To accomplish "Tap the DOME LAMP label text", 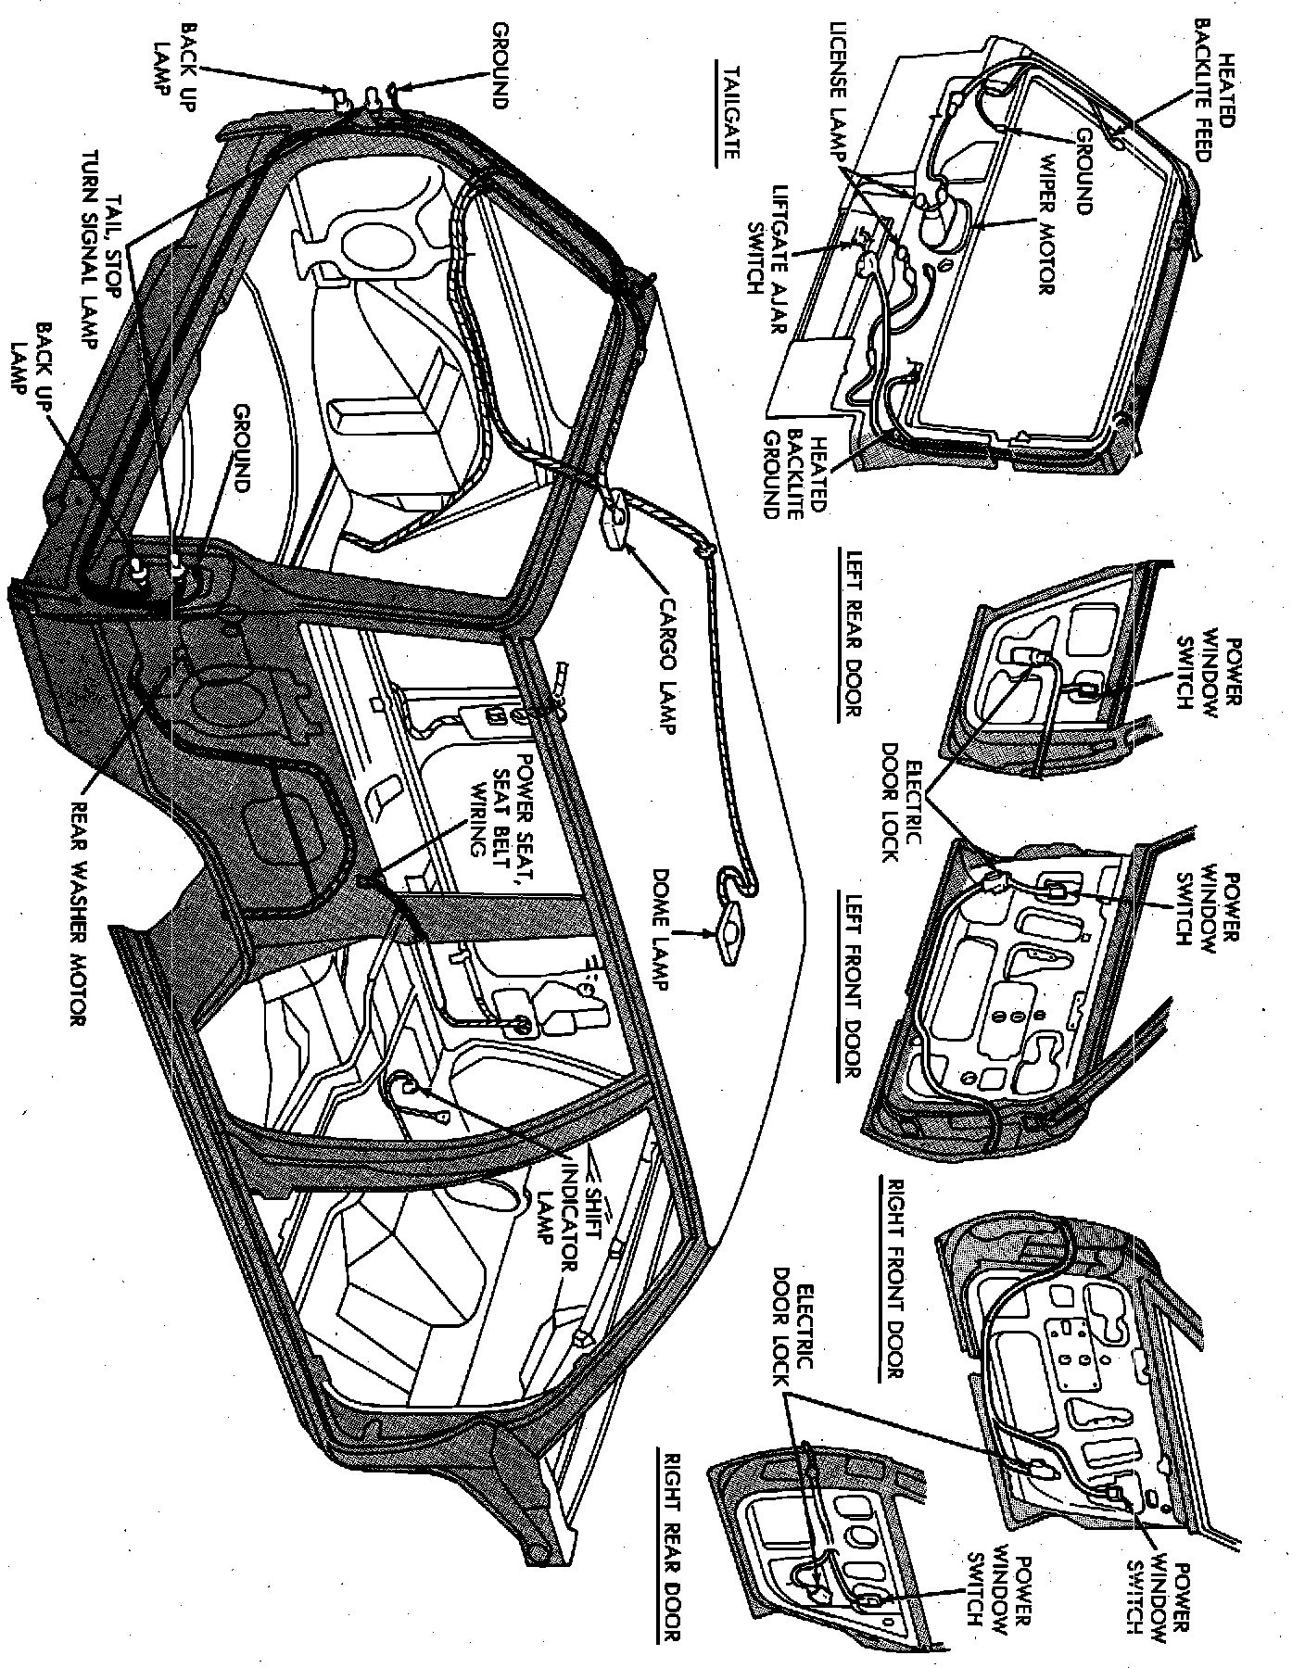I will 665,929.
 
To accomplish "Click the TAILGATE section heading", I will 726,113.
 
